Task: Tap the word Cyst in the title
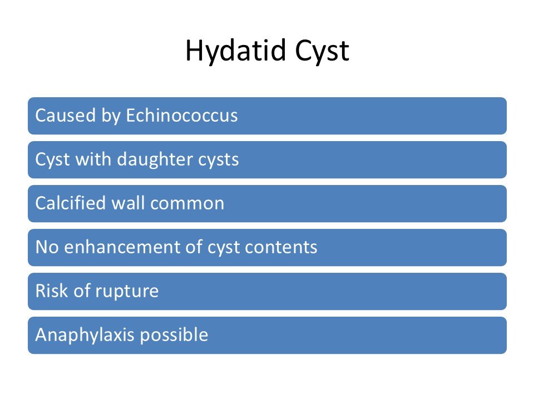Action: (x=322, y=51)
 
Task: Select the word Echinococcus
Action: (x=182, y=116)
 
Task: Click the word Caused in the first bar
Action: (x=66, y=116)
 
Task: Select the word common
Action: (x=187, y=204)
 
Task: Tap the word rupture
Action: (x=127, y=292)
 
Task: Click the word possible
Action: (x=174, y=336)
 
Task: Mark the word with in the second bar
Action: (x=93, y=159)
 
